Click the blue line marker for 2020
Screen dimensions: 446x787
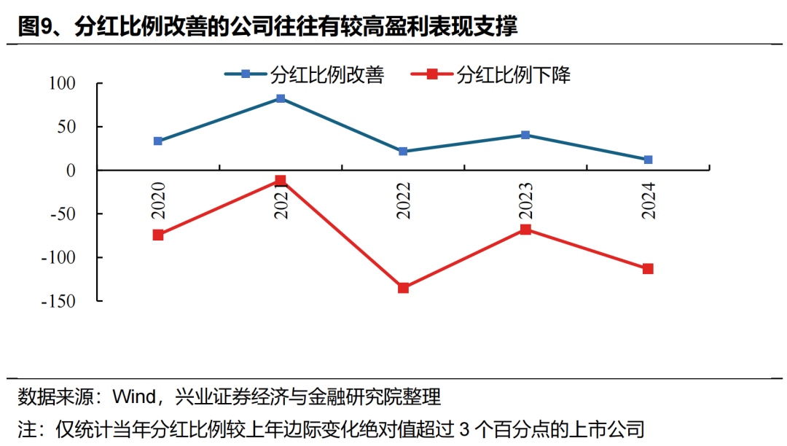coord(158,141)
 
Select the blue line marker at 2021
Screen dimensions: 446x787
coord(281,98)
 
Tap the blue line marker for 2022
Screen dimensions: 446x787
coord(403,152)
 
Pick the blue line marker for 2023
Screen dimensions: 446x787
coord(525,135)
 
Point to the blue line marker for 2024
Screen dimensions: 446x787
coord(648,159)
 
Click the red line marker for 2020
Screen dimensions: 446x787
coord(158,235)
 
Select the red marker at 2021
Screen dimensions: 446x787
coord(281,180)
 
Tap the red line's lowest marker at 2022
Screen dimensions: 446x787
coord(403,288)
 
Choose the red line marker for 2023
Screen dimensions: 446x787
coord(525,230)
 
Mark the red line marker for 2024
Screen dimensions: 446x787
coord(648,269)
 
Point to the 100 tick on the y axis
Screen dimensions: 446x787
coord(63,84)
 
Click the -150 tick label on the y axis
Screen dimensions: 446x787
coord(59,301)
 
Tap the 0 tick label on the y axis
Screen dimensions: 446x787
coord(71,171)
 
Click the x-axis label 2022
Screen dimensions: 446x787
coord(403,200)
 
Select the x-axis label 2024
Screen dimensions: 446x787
coord(648,200)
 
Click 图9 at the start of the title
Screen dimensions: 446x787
coord(34,27)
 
